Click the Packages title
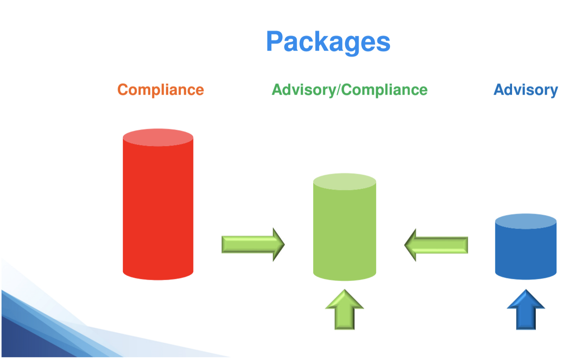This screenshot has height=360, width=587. [x=328, y=42]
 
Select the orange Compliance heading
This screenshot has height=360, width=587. [x=161, y=90]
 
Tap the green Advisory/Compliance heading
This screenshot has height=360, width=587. [x=350, y=90]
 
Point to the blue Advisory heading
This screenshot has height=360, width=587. [x=526, y=90]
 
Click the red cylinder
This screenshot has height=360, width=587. [x=158, y=205]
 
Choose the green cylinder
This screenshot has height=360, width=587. [x=345, y=227]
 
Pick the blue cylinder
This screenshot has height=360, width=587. [x=526, y=247]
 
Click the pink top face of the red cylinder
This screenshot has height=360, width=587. [x=158, y=137]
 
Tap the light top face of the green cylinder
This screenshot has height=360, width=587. [x=345, y=181]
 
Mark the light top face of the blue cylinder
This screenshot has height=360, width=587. [x=526, y=221]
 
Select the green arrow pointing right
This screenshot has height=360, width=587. [x=253, y=244]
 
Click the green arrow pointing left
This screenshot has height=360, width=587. [x=436, y=245]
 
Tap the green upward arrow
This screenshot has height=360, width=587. [x=344, y=309]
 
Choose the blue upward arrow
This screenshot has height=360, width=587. [x=526, y=309]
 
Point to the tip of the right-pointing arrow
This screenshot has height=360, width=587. [x=285, y=244]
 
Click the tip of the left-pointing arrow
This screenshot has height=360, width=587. [x=404, y=245]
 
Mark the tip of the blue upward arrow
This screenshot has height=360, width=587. [x=526, y=290]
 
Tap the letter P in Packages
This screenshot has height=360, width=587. [x=274, y=41]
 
